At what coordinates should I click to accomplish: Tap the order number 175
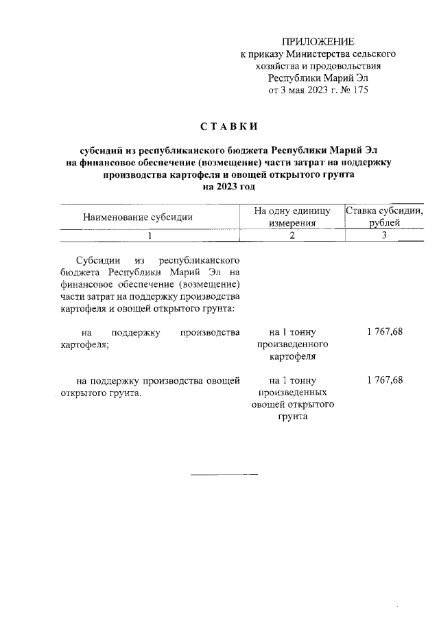(x=361, y=90)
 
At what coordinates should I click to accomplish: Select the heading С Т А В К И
(x=229, y=127)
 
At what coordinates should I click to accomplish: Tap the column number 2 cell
(x=292, y=236)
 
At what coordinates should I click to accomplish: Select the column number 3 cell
(x=384, y=236)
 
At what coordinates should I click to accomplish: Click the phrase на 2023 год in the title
(x=229, y=186)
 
